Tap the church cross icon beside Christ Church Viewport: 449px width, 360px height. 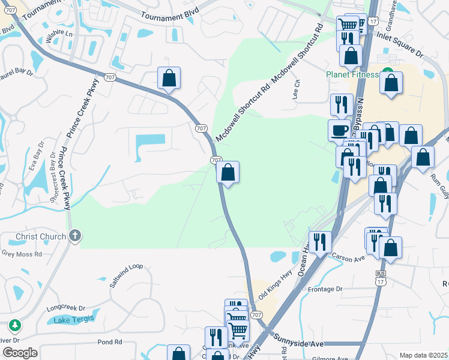(74, 236)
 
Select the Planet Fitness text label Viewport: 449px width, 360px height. (352, 74)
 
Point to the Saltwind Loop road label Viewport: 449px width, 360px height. (126, 274)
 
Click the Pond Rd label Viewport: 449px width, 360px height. (109, 342)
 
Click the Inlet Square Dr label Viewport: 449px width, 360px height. (400, 45)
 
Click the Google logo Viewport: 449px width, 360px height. (20, 353)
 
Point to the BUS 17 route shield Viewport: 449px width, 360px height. (379, 276)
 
